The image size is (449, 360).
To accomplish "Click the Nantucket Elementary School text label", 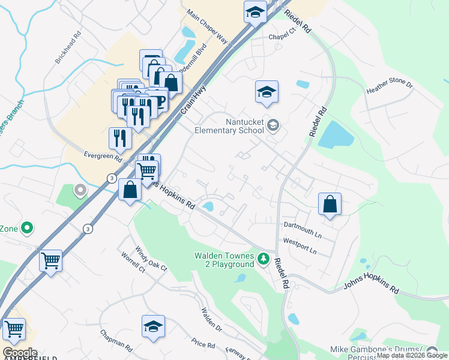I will point(229,126).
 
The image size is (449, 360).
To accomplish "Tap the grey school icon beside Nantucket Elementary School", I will point(274,125).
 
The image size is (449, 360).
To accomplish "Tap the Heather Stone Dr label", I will point(390,88).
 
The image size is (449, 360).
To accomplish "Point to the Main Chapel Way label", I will point(208,26).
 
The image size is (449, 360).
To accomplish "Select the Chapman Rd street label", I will point(116,341).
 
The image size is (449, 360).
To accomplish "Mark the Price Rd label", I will point(203,344).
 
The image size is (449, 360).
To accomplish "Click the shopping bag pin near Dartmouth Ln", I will point(330,204).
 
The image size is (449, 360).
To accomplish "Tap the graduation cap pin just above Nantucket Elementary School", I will point(267,92).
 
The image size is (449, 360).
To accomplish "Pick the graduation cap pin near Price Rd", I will point(153,326).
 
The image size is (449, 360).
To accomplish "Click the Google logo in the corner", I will point(19,353).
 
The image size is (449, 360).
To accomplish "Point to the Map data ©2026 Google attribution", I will point(412,355).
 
